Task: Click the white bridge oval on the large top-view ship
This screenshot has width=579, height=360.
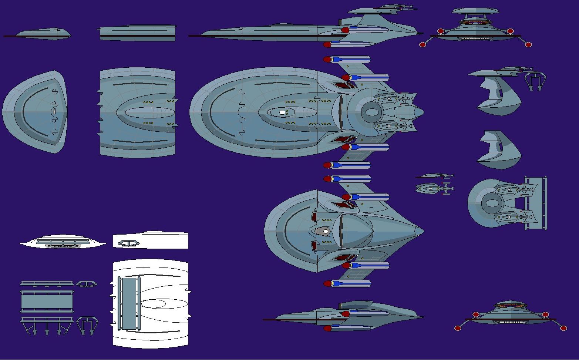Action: point(282,112)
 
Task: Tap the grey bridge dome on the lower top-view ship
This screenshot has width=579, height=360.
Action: point(325,231)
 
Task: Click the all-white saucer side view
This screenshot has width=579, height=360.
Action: point(63,242)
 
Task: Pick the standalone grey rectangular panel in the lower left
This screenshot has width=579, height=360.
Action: point(47,302)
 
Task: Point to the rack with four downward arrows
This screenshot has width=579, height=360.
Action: point(47,325)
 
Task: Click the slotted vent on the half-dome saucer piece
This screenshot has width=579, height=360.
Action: point(54,111)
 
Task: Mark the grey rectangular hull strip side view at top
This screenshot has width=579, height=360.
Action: point(137,33)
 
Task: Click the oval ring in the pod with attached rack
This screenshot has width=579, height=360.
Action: point(491,203)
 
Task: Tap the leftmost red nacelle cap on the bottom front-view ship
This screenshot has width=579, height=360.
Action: point(458,328)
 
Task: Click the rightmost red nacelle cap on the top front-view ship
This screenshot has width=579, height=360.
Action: point(528,45)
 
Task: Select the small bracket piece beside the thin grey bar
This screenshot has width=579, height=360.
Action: point(87,284)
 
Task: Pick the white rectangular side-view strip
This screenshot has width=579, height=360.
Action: point(151,241)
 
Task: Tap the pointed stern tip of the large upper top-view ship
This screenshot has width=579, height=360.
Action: point(423,112)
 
